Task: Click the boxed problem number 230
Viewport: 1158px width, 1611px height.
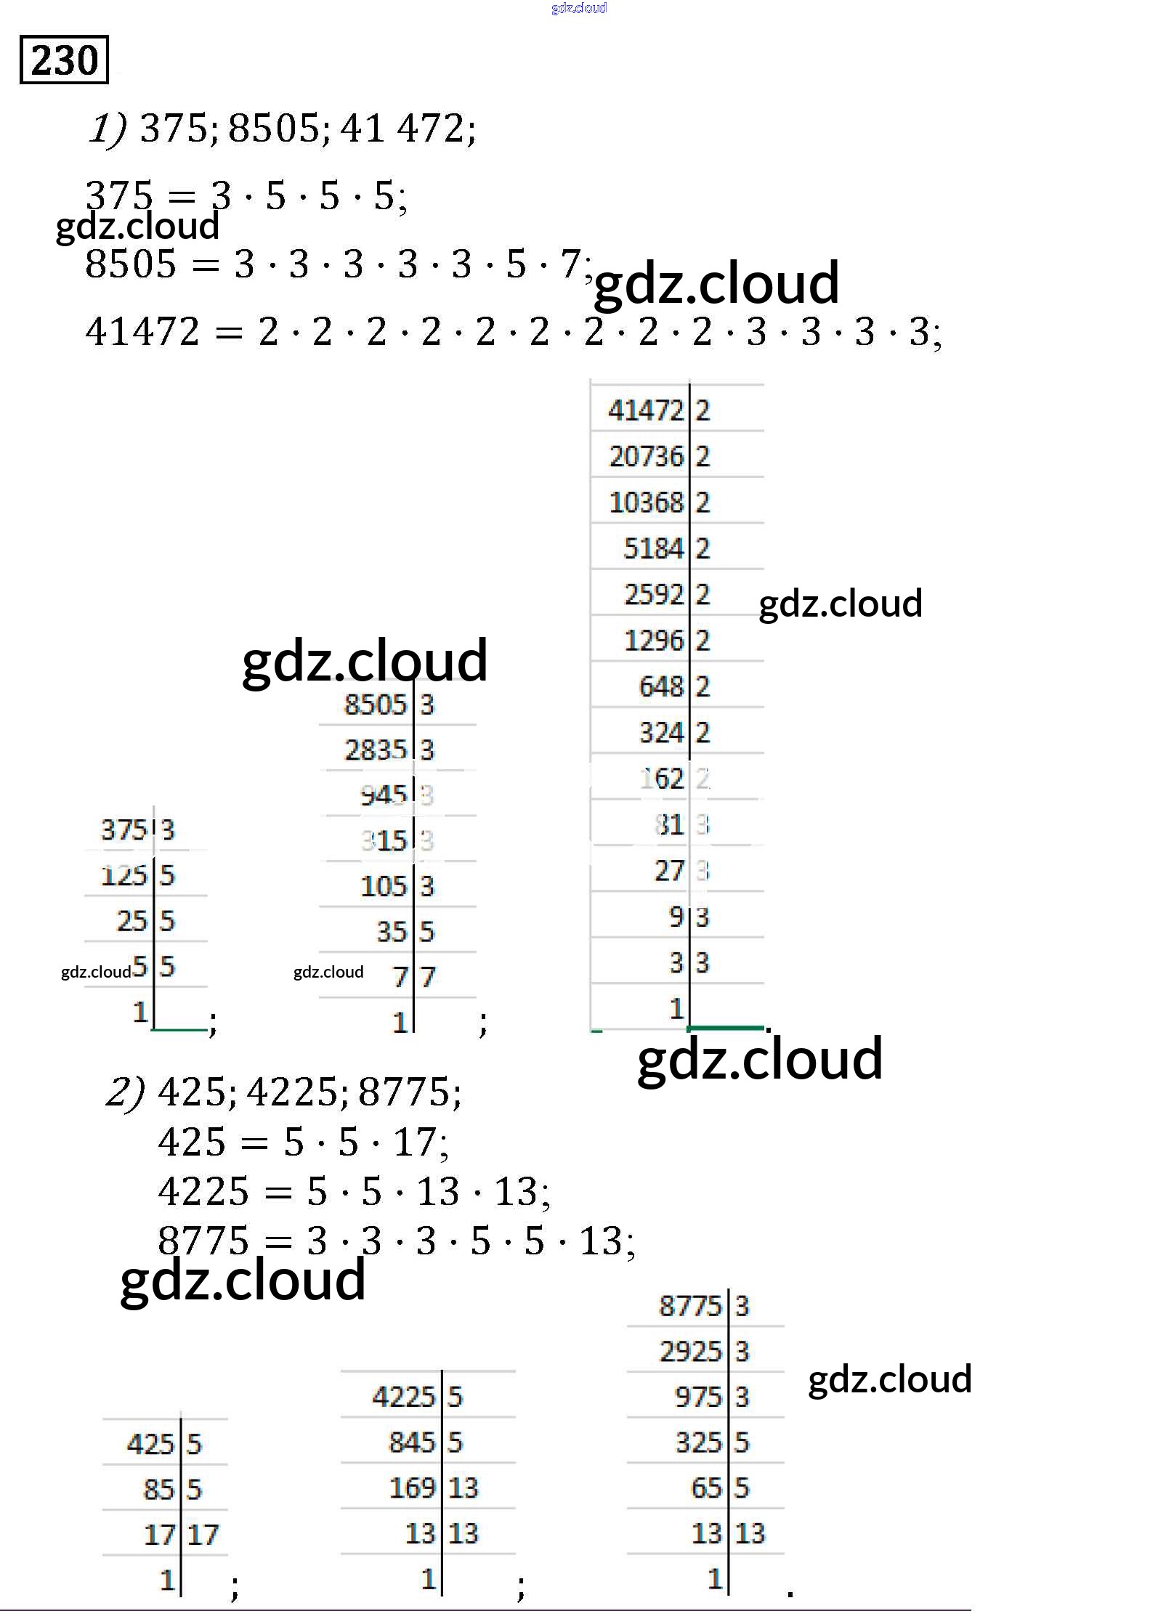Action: coord(64,60)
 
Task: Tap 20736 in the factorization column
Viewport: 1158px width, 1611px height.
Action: coord(646,457)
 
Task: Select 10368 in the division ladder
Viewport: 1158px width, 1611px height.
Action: coord(646,503)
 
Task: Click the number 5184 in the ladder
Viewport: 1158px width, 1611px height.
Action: coord(653,548)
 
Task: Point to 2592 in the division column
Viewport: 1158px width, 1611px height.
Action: coord(653,595)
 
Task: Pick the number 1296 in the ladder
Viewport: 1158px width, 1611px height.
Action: coord(653,641)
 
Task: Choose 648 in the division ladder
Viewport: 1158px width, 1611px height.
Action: coord(660,686)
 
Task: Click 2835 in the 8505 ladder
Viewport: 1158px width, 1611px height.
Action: coord(375,750)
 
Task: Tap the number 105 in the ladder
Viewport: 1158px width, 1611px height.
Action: coord(383,887)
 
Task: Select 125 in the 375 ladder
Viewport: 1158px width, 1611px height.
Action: coord(124,876)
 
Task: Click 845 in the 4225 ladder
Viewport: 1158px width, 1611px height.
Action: coord(411,1442)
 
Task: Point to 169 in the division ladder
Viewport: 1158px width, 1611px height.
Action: coord(411,1488)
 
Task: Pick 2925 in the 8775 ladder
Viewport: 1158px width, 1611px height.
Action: coord(690,1352)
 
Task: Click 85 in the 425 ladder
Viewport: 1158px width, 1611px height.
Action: coord(158,1490)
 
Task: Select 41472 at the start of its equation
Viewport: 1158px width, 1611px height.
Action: coord(142,332)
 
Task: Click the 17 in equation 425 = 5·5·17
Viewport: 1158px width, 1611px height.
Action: coord(414,1143)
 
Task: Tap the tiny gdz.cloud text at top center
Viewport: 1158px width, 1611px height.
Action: coord(578,8)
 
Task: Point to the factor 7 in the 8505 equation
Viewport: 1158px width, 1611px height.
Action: coord(570,264)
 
